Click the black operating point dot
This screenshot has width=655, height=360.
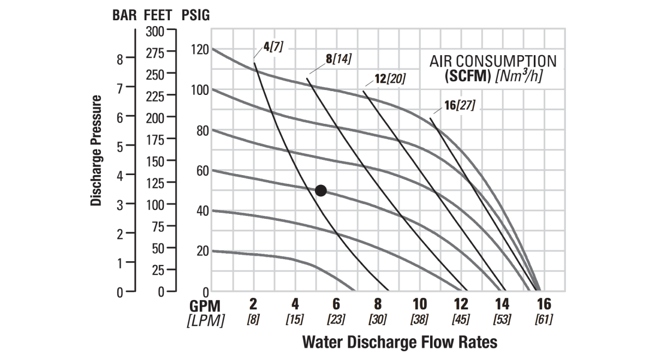pyautogui.click(x=321, y=190)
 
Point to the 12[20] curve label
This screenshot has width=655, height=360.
pyautogui.click(x=390, y=80)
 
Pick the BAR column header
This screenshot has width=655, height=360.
pyautogui.click(x=125, y=15)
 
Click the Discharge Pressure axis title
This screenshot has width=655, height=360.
pyautogui.click(x=97, y=151)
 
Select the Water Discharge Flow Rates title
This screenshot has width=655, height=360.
pyautogui.click(x=400, y=343)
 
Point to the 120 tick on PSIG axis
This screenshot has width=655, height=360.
pyautogui.click(x=200, y=50)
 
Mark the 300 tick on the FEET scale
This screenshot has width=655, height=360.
pyautogui.click(x=155, y=32)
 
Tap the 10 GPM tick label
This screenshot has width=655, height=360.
pyautogui.click(x=419, y=304)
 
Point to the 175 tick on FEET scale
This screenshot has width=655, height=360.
pyautogui.click(x=155, y=140)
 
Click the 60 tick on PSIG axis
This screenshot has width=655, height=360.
pyautogui.click(x=202, y=171)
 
